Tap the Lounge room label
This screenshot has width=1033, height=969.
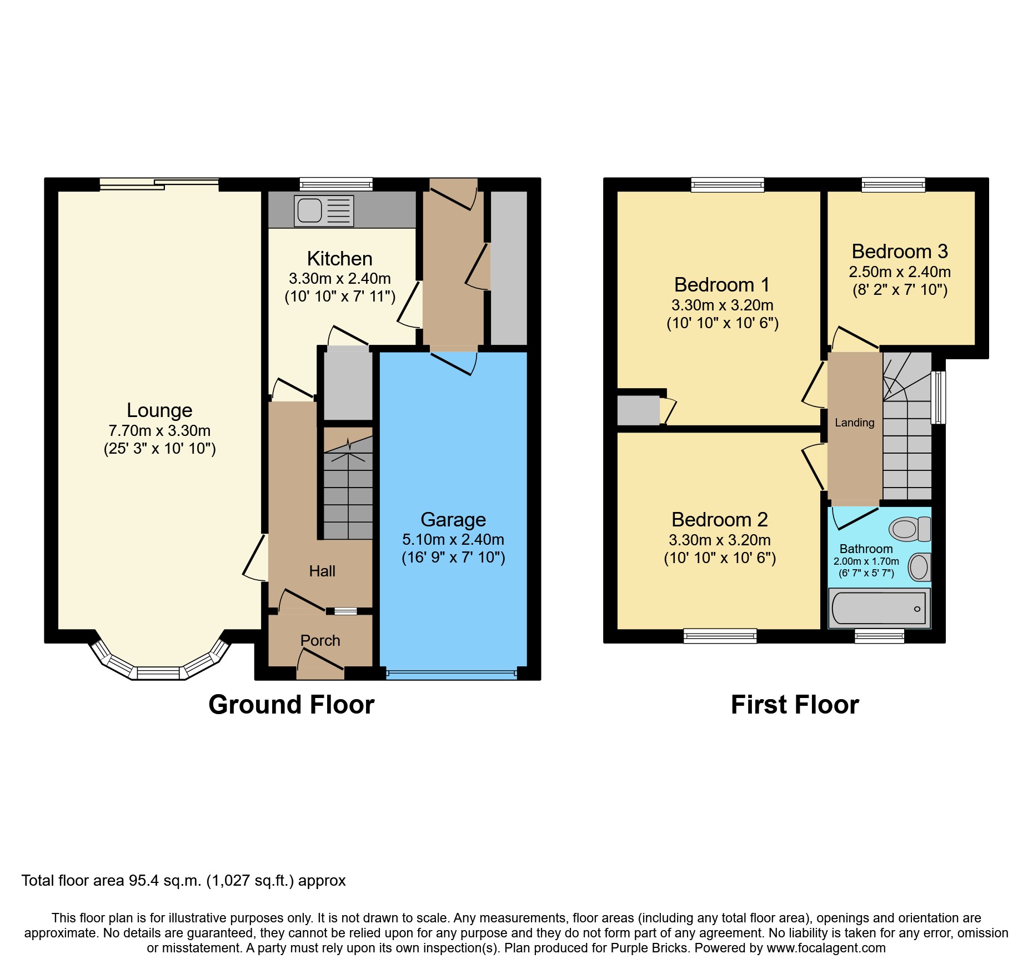click(x=159, y=410)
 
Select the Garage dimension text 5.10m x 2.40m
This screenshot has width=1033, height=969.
click(x=453, y=539)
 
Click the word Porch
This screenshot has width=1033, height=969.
click(x=320, y=640)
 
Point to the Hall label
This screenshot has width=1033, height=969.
click(x=322, y=571)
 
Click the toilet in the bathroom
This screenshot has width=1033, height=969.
click(x=910, y=529)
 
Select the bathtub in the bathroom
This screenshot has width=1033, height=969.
click(x=879, y=609)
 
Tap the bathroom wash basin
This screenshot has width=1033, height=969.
click(x=920, y=567)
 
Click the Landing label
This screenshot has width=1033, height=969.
click(x=854, y=423)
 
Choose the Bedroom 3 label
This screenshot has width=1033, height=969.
click(x=899, y=252)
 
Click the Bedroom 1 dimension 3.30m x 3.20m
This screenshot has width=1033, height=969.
click(x=722, y=305)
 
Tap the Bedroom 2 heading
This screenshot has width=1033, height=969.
click(x=719, y=520)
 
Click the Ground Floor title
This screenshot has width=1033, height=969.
click(x=291, y=705)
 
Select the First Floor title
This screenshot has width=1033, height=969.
click(x=794, y=705)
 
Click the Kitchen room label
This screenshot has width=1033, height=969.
click(x=339, y=259)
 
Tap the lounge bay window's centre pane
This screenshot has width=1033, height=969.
click(x=158, y=673)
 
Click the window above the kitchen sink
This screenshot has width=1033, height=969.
click(x=336, y=184)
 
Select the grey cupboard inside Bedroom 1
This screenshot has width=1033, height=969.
click(x=638, y=410)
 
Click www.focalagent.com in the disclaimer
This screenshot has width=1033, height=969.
click(x=826, y=948)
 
